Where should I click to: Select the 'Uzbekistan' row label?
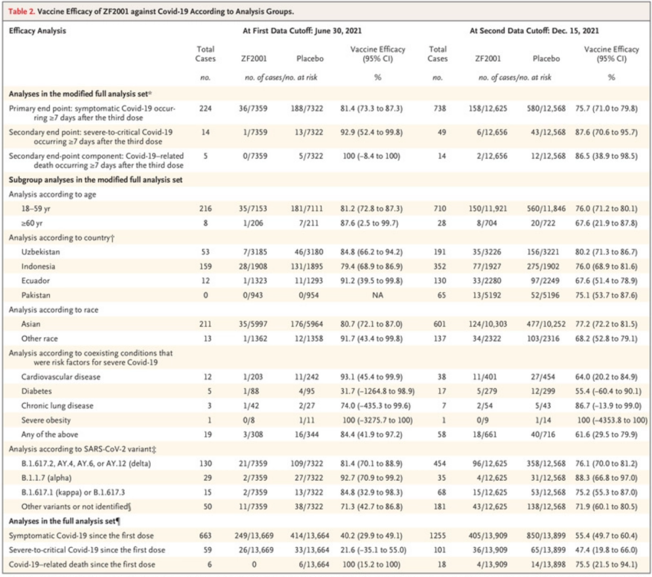pos(40,251)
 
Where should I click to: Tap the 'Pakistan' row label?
pos(36,295)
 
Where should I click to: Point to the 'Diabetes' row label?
pos(36,390)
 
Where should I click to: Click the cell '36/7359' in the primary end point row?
pos(254,109)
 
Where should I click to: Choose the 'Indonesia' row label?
pos(38,266)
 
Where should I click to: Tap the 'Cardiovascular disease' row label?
pos(61,376)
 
